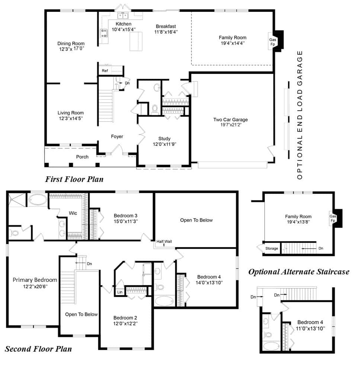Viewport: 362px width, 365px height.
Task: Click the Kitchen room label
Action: [x=124, y=24]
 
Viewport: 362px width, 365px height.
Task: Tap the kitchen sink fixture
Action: [x=123, y=16]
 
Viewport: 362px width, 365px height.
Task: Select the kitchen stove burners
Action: [x=104, y=33]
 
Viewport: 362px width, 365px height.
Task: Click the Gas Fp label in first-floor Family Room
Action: [x=273, y=42]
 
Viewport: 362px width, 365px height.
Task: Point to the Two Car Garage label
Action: [x=230, y=120]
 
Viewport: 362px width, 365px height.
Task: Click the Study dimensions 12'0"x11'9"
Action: [x=164, y=144]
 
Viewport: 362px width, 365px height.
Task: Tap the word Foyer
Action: [x=117, y=137]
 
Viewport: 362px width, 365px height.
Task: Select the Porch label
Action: [x=82, y=157]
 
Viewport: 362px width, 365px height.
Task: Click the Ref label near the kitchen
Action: [x=105, y=71]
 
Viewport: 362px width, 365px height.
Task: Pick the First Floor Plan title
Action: [x=74, y=179]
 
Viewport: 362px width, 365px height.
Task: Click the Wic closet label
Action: [x=73, y=213]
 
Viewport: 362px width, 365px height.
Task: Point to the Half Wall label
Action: [x=164, y=241]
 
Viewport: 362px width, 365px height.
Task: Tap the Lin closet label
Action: [x=120, y=292]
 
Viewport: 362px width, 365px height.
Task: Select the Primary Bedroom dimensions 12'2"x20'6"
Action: [x=35, y=287]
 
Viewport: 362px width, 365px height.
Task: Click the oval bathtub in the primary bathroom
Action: [x=37, y=200]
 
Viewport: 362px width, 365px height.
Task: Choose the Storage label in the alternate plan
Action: [x=272, y=248]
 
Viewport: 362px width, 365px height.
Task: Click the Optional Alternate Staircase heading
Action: [x=299, y=272]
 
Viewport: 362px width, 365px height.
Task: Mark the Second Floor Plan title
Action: [x=38, y=349]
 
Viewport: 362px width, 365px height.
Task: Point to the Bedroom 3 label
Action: [x=125, y=216]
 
